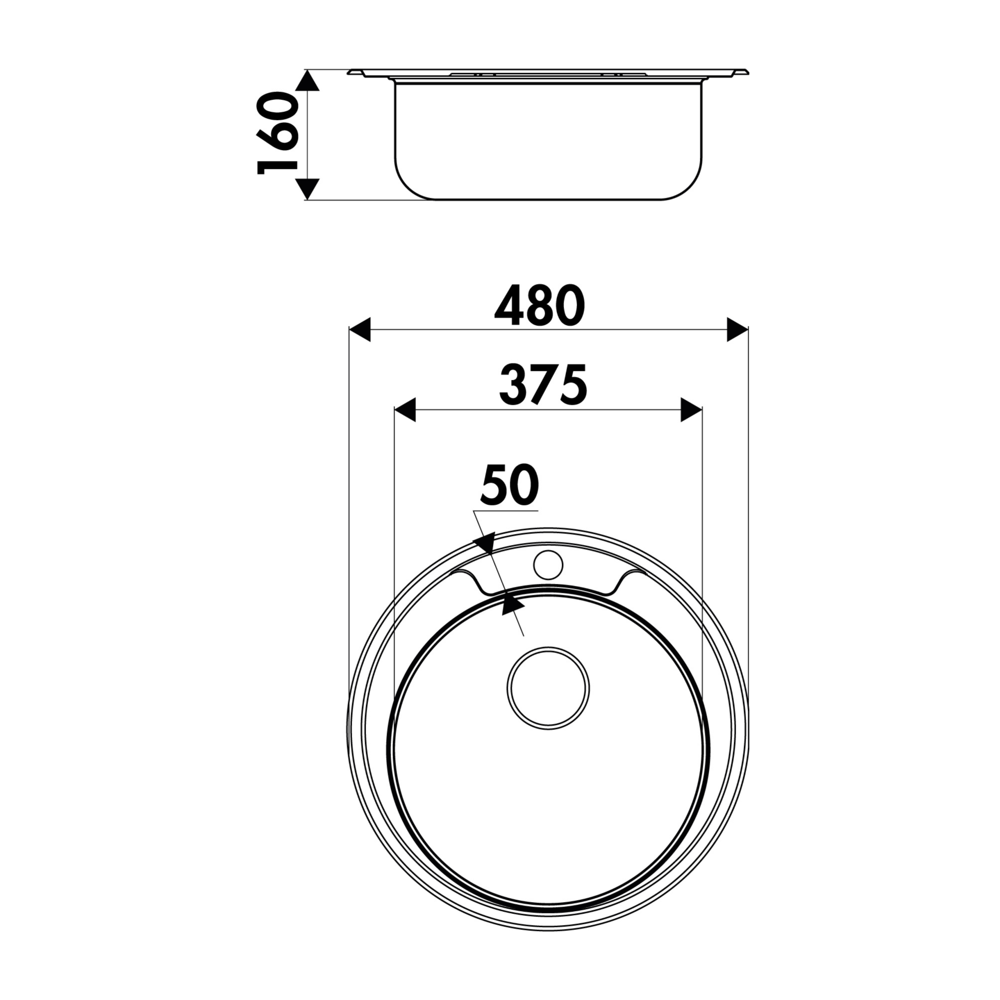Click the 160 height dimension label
tap(278, 134)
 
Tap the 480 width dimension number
tap(540, 306)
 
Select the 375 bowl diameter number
tap(543, 385)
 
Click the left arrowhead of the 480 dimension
tap(360, 330)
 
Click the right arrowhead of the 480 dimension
tap(737, 330)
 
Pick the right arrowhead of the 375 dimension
tap(691, 410)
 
